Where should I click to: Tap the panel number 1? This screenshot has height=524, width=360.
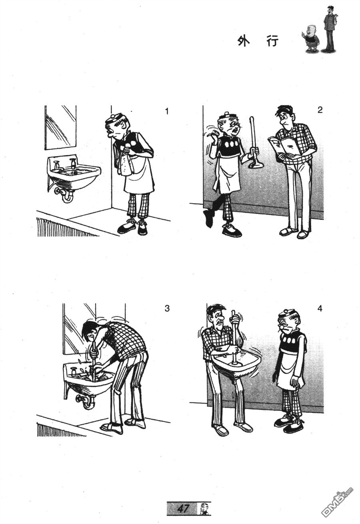166,111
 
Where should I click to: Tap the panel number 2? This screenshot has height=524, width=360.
320,110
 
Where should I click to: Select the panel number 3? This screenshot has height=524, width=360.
167,308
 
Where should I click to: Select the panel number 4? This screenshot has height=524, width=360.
320,308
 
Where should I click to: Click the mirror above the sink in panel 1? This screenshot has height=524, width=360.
60,128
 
